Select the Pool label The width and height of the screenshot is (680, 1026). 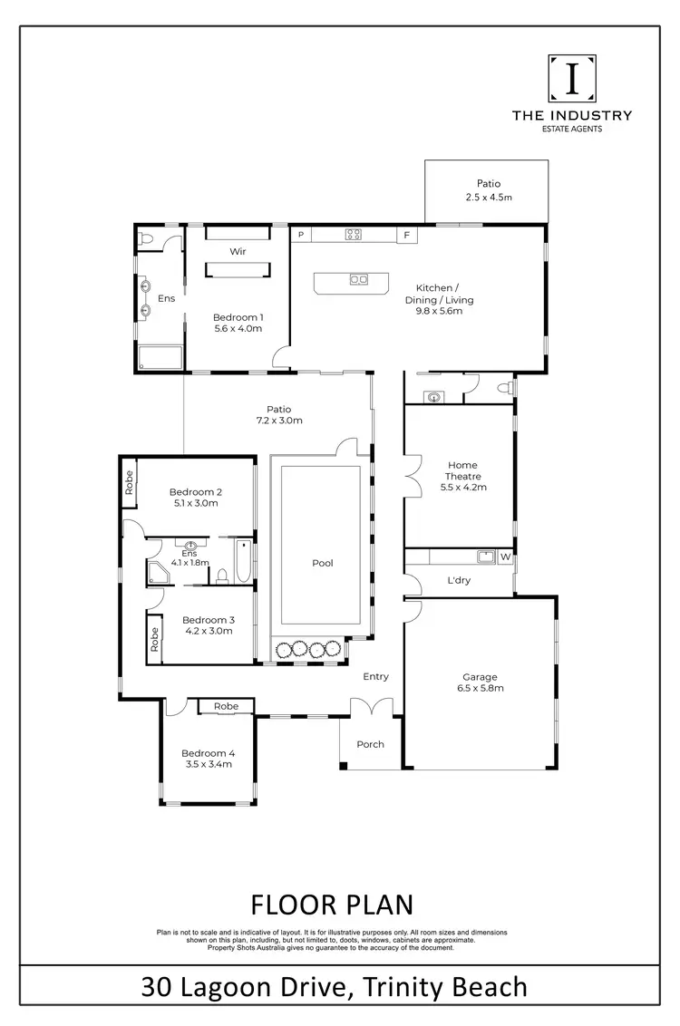tap(322, 563)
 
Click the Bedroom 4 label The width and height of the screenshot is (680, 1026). tap(208, 753)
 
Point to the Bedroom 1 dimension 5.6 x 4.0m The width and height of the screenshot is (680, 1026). tap(238, 329)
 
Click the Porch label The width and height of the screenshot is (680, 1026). tap(370, 744)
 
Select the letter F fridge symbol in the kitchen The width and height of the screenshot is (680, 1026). tap(407, 235)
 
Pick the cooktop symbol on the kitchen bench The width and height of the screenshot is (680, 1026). tap(354, 235)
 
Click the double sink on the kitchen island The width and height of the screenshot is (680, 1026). tap(358, 279)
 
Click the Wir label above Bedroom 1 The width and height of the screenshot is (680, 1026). tap(238, 251)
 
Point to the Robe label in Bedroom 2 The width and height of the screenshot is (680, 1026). tap(131, 480)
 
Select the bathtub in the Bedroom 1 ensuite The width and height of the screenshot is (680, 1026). tap(159, 357)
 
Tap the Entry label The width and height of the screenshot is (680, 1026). tap(375, 676)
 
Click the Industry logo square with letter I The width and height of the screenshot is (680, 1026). tap(572, 79)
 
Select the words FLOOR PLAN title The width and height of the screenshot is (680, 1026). tap(331, 905)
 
